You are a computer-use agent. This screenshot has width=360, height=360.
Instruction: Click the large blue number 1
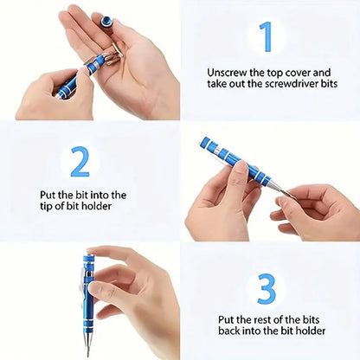(x=267, y=37)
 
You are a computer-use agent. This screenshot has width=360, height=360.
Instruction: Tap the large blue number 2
(x=80, y=161)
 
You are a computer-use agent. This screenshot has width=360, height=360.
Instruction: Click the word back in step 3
(x=232, y=332)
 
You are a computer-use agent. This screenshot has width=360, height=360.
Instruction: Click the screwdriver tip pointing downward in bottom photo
(x=87, y=350)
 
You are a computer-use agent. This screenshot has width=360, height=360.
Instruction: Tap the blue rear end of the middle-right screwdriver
(x=205, y=143)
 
